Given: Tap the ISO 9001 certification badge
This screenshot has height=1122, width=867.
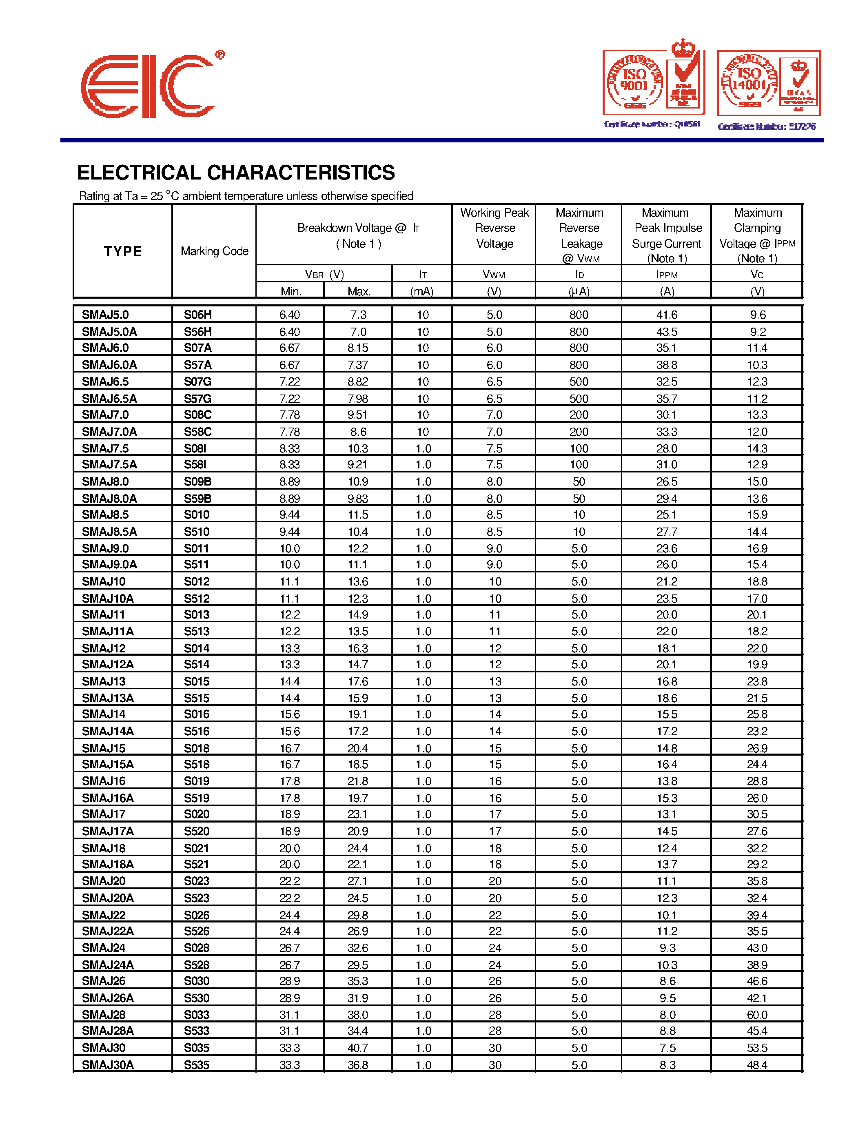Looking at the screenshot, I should pyautogui.click(x=653, y=82).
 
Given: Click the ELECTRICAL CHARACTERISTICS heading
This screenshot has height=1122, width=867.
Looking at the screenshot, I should pyautogui.click(x=236, y=173).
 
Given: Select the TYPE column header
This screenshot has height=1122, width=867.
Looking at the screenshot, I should pyautogui.click(x=123, y=251).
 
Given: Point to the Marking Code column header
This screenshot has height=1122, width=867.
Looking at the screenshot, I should pyautogui.click(x=214, y=251).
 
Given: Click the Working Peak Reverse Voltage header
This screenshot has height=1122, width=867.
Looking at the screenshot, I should pyautogui.click(x=494, y=228).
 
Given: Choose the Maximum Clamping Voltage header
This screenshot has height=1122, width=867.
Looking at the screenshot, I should pyautogui.click(x=757, y=235).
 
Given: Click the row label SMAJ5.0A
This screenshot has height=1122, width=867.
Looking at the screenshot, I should pyautogui.click(x=109, y=332).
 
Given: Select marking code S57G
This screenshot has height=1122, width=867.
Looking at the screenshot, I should pyautogui.click(x=198, y=399).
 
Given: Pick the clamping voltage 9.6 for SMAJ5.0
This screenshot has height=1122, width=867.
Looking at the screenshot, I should pyautogui.click(x=758, y=315).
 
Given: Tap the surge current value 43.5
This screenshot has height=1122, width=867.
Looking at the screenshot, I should pyautogui.click(x=667, y=332).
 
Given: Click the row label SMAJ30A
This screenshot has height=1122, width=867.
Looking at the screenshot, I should pyautogui.click(x=108, y=1065).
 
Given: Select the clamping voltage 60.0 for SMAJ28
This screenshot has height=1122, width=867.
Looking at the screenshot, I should pyautogui.click(x=757, y=1015).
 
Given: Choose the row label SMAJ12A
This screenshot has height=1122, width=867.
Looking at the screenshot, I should pyautogui.click(x=108, y=664).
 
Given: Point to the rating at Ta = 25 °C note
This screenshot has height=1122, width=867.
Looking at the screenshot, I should pyautogui.click(x=246, y=196).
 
